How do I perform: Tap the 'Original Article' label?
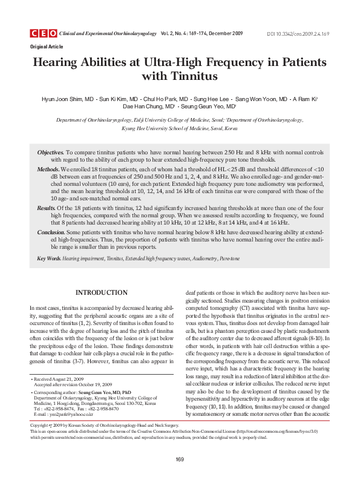coord(45,46)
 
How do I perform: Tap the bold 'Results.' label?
coord(47,207)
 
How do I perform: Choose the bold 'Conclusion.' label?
coord(51,231)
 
